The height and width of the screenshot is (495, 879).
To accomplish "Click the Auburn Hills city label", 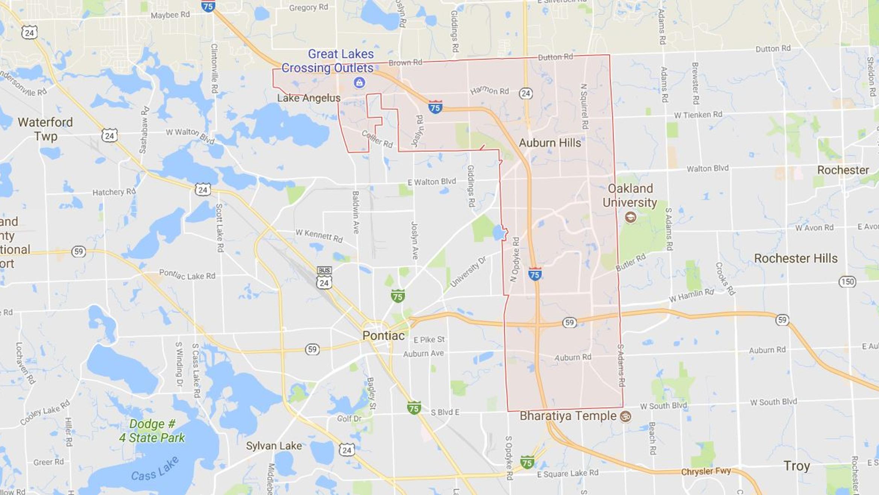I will click(x=550, y=143).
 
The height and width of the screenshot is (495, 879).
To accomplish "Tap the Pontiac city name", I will click(x=383, y=336).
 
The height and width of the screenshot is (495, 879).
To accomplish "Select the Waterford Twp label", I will click(x=45, y=129).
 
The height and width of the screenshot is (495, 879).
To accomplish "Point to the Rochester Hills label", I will click(x=796, y=258).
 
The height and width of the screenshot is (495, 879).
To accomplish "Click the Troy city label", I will click(x=796, y=466).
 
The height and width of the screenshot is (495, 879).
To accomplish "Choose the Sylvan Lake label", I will click(x=274, y=446).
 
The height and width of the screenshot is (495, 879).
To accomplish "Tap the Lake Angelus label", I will click(x=309, y=98).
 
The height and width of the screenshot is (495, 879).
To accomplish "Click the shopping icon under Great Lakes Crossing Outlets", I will click(x=359, y=82).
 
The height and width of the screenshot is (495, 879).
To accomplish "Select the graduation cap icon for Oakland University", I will click(x=630, y=217).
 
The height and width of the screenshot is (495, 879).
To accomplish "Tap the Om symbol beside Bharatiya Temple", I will click(x=626, y=416).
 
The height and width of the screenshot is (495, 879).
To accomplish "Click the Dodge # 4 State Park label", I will click(x=152, y=431).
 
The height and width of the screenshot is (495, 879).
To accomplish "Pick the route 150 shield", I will click(x=847, y=282).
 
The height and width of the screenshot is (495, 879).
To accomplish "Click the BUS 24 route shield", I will click(x=324, y=278).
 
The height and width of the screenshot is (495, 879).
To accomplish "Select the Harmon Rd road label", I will click(x=489, y=90).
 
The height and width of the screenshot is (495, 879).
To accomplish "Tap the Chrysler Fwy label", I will click(x=706, y=471).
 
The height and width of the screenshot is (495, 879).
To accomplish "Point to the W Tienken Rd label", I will click(x=698, y=115).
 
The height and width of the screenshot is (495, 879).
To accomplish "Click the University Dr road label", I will click(x=468, y=272).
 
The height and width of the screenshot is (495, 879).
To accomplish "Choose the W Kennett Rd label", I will click(x=319, y=235).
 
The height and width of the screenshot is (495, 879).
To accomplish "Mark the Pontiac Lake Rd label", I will click(x=187, y=275).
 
